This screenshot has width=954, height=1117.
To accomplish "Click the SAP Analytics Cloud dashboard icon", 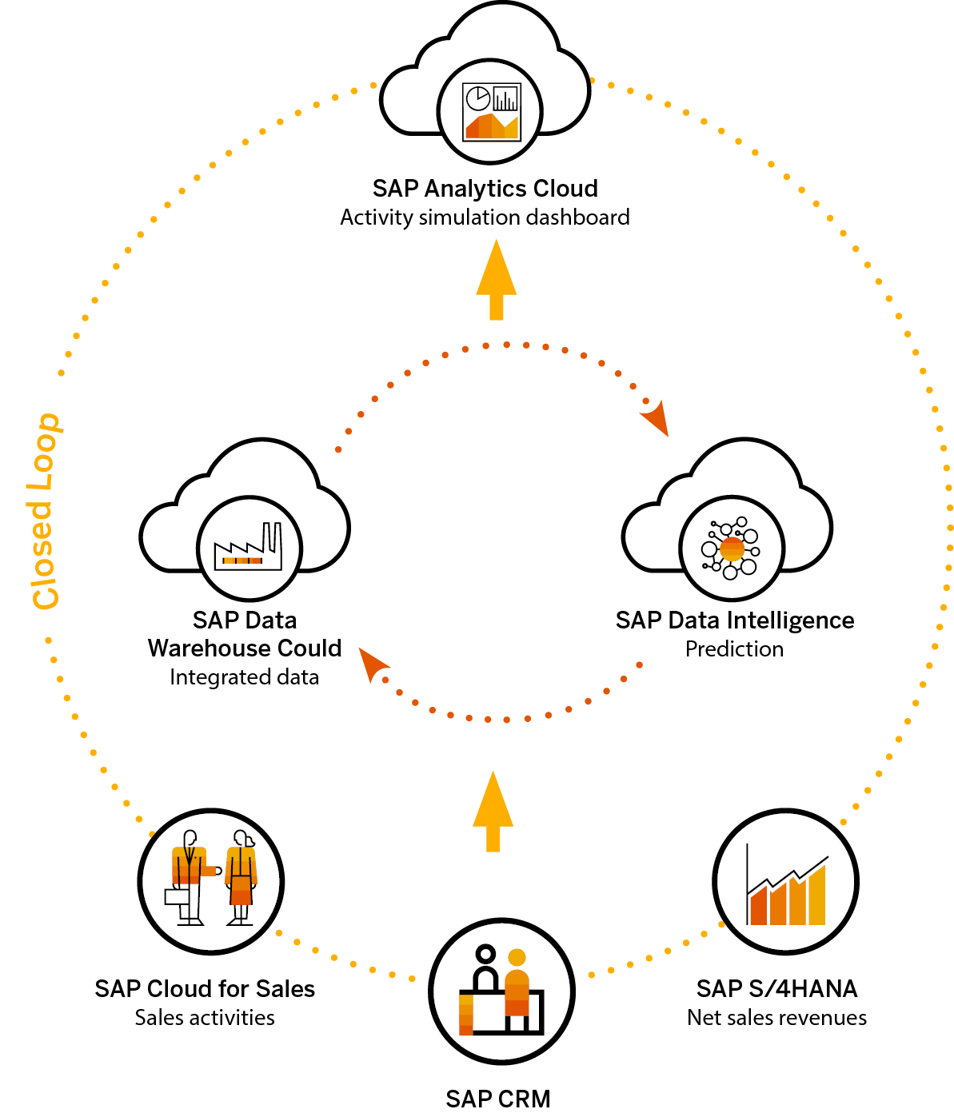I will point(492,112).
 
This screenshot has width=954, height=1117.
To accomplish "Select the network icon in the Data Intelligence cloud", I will point(731,549).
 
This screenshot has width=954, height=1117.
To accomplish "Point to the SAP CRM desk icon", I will point(501,991).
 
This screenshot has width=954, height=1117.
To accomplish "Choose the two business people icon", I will point(211,880).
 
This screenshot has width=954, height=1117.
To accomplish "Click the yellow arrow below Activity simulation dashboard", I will point(496,280).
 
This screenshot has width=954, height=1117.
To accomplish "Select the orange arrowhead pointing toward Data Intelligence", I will point(654,417).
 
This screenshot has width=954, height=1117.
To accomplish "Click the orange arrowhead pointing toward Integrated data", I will point(372,664).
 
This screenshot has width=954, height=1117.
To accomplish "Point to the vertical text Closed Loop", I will point(45,512).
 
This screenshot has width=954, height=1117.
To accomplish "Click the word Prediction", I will point(734,649).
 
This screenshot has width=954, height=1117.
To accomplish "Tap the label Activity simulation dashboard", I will point(485,217).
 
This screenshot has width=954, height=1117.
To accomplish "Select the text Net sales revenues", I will point(776,1018).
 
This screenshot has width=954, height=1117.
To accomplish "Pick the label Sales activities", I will point(205,1018).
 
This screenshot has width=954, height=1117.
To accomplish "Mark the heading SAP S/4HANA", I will point(776,989).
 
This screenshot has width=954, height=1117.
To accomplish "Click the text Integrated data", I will point(244,677).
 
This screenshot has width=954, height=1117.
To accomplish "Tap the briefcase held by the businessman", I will point(177,896).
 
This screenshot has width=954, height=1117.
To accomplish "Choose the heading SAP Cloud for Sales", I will point(205,989).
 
